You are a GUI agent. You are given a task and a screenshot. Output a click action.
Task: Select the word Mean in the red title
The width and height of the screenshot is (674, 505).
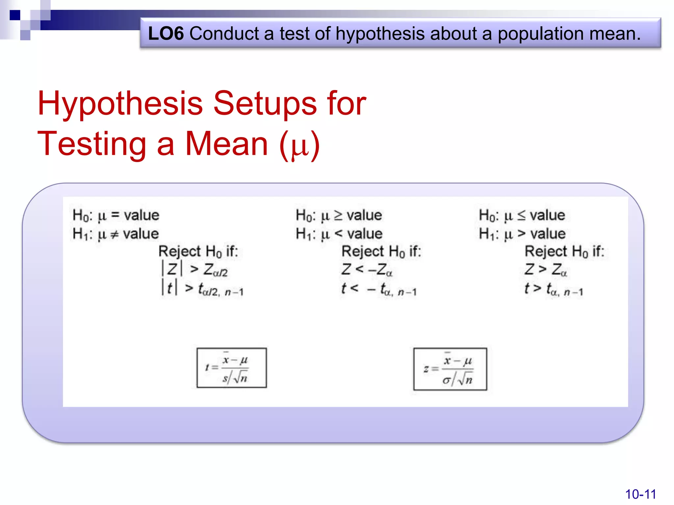227,144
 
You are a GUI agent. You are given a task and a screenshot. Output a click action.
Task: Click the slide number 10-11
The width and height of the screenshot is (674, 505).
640,494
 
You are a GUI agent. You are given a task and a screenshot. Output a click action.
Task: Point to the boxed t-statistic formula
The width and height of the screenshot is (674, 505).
231,368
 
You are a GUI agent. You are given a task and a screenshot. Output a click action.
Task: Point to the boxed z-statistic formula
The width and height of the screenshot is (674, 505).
450,369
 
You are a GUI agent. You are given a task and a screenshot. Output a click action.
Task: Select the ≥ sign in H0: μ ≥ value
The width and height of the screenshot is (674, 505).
338,215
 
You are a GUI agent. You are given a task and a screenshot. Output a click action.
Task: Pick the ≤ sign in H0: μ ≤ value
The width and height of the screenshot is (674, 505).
521,215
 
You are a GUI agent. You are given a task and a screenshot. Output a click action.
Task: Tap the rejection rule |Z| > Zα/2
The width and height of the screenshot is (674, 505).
194,270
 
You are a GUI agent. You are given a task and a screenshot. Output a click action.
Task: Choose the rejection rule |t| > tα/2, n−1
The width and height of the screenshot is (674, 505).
202,288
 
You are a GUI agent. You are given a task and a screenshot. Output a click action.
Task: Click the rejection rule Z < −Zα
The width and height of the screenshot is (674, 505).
367,270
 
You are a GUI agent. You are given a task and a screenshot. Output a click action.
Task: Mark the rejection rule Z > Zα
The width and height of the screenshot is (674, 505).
546,270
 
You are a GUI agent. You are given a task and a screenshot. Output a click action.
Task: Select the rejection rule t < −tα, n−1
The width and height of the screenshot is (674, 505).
379,289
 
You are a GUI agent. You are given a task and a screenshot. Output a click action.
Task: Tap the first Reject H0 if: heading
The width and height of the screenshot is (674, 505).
198,252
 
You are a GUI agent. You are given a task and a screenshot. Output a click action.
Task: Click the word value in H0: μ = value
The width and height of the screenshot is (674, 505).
142,215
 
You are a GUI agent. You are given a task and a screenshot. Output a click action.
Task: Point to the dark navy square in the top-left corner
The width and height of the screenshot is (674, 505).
15,15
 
